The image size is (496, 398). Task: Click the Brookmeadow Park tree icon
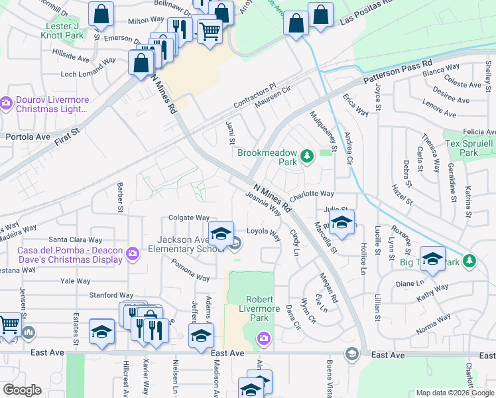[306, 157]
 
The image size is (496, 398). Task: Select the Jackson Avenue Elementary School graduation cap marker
[221, 233]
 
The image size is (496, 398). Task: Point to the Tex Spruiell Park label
[470, 148]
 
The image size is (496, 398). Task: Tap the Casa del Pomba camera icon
[133, 253]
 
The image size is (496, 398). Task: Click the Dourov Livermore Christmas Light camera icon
[7, 103]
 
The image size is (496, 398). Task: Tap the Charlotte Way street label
[311, 194]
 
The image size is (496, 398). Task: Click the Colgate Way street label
[188, 217]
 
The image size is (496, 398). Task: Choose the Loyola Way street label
[264, 232]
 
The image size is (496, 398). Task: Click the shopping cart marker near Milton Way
[210, 31]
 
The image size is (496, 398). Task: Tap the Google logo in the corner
[22, 390]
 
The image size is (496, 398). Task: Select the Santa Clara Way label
[75, 239]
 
